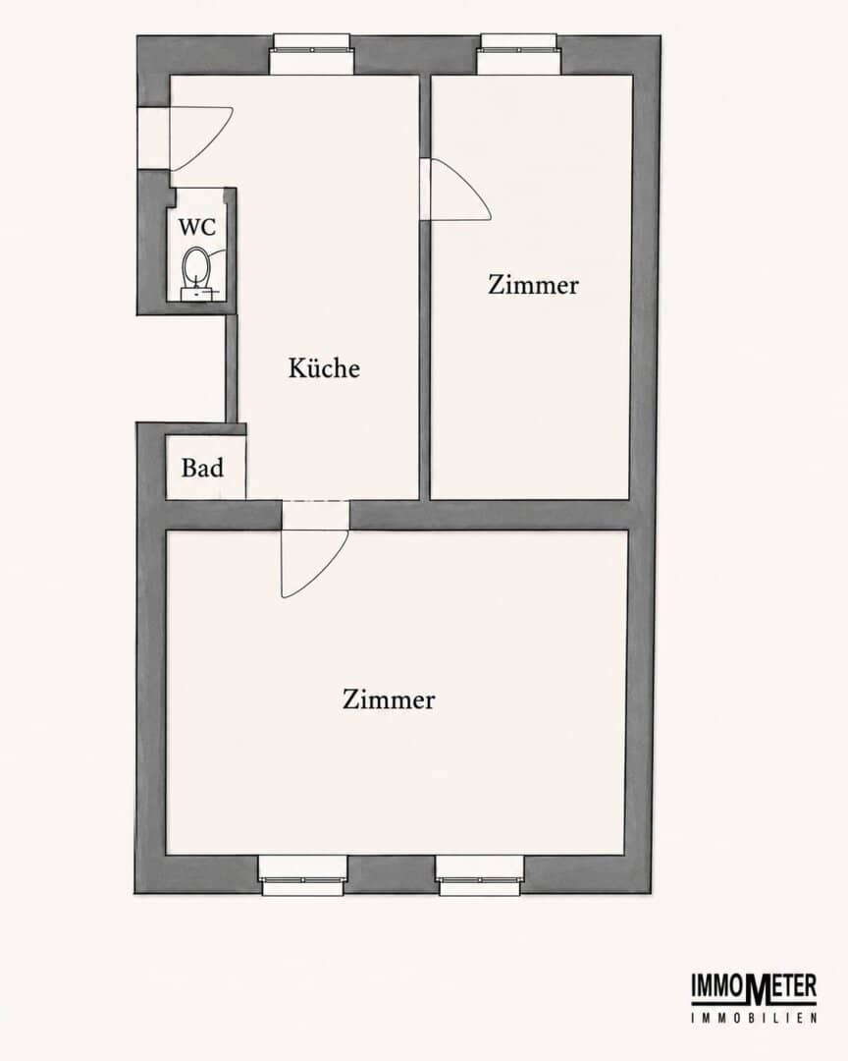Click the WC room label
point(196,227)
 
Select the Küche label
point(324,367)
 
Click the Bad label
point(202,468)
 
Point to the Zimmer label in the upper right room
point(533,284)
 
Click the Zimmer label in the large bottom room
point(388,698)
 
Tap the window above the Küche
point(312,54)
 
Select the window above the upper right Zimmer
point(519,54)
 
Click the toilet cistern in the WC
point(196,294)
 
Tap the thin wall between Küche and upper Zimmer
point(425,288)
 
